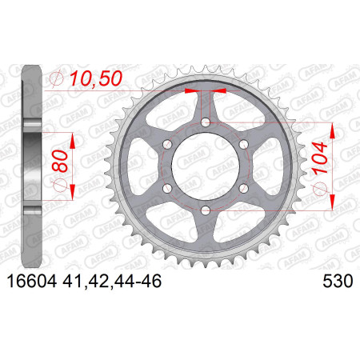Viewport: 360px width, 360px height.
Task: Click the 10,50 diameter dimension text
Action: pos(96,78)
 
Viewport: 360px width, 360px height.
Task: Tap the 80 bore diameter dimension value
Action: pos(60,162)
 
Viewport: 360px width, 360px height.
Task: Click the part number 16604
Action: pos(32,282)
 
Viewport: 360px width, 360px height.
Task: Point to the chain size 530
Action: pos(338,282)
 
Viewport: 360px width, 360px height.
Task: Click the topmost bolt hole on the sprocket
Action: pos(205,123)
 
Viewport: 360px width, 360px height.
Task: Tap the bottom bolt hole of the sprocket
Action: pos(205,210)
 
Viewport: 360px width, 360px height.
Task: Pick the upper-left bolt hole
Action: pos(167,145)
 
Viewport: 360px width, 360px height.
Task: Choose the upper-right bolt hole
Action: pos(243,145)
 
